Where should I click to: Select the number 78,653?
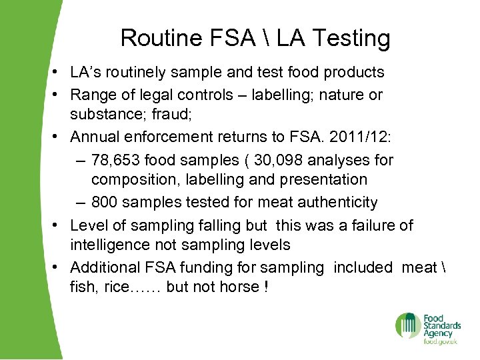click(x=115, y=161)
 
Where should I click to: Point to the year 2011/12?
click(x=370, y=137)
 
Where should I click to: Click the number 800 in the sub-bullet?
click(x=105, y=202)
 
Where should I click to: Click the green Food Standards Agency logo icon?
click(x=408, y=325)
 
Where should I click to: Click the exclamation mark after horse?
click(x=266, y=287)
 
